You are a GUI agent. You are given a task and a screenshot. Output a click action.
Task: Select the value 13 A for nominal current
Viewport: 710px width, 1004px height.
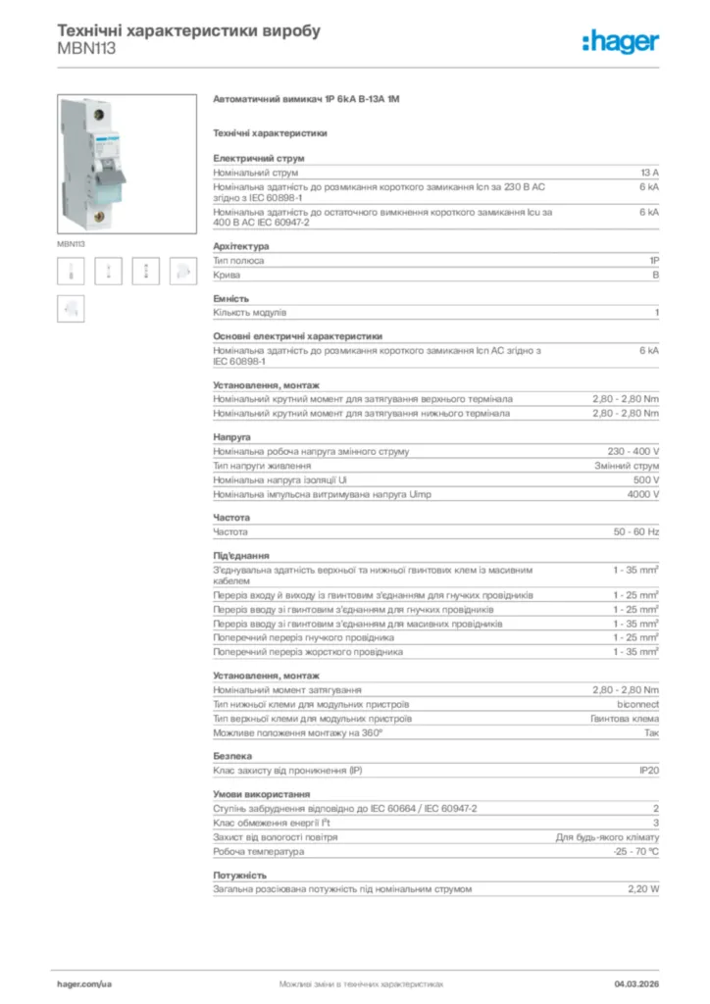point(648,172)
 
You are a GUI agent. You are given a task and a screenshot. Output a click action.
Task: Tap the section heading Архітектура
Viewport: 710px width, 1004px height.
point(240,247)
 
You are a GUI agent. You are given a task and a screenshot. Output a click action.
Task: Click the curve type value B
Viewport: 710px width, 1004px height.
point(655,276)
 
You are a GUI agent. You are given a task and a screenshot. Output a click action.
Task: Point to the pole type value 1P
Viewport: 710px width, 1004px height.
point(653,261)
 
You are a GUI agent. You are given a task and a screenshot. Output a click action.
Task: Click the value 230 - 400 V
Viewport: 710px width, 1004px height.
point(634,451)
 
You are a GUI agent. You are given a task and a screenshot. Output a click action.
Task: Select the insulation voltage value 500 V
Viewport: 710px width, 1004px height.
point(646,480)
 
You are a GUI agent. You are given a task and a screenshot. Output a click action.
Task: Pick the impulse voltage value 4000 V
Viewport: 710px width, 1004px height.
point(643,494)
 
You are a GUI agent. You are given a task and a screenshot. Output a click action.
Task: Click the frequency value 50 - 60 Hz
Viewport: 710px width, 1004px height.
point(636,531)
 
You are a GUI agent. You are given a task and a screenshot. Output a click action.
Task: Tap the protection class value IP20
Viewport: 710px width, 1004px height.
point(648,771)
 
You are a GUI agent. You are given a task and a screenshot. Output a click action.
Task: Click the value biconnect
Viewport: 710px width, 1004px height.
point(637,704)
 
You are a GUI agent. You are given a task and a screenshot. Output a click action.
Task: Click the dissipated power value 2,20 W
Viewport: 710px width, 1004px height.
point(643,888)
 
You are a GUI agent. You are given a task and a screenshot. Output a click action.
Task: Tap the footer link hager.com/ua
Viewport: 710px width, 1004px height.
point(85,982)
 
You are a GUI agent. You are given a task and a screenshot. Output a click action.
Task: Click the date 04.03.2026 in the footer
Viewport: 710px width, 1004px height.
point(636,982)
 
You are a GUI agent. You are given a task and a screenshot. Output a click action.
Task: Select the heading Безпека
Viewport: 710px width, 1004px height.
point(232,756)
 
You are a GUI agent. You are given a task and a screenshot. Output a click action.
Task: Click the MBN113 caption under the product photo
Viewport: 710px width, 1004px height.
point(71,243)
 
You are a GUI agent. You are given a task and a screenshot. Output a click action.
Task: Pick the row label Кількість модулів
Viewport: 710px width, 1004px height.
point(250,313)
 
